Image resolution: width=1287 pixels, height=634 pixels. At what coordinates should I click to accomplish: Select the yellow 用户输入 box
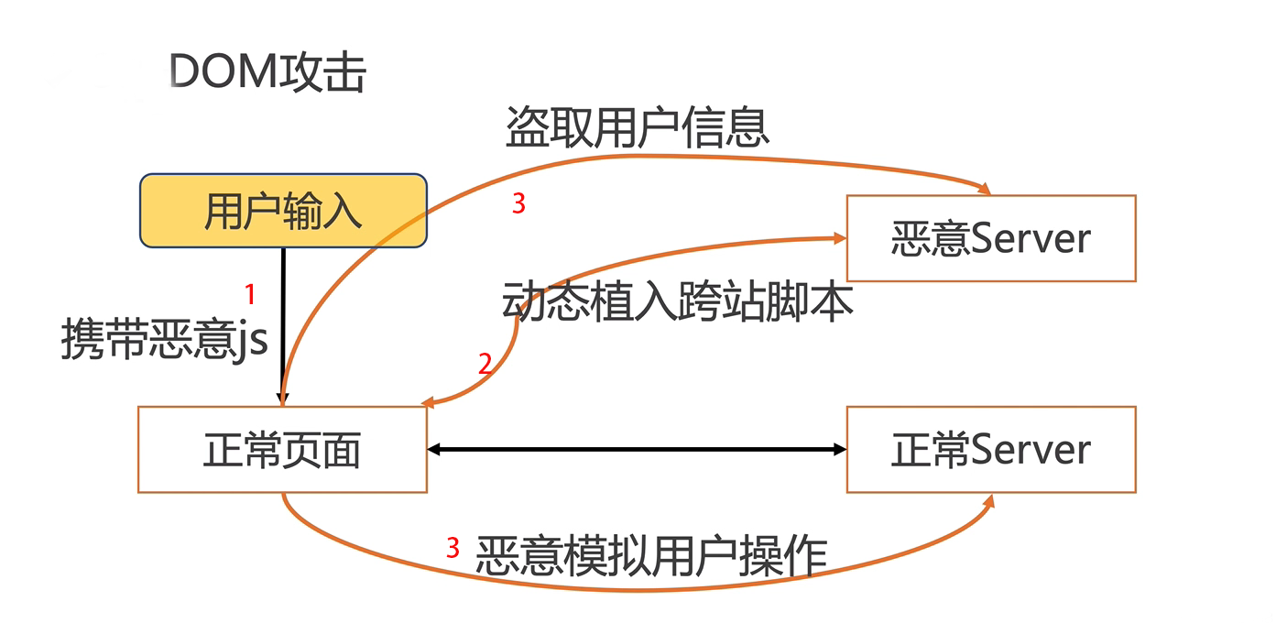(x=282, y=212)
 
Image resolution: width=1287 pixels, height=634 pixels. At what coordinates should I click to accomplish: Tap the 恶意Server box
(x=990, y=238)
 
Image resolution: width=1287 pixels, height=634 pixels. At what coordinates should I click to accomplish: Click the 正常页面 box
(x=282, y=450)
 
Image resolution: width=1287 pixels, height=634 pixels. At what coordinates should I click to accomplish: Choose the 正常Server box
(x=990, y=450)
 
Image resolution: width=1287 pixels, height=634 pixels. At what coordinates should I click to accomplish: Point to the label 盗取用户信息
(x=638, y=127)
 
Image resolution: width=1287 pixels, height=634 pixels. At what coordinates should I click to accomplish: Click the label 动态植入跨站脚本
(x=678, y=301)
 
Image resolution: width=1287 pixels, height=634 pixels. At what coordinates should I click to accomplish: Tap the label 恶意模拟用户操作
(x=651, y=555)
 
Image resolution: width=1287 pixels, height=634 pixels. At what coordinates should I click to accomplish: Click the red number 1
(x=250, y=295)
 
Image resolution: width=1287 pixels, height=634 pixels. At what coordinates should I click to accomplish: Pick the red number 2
(x=485, y=365)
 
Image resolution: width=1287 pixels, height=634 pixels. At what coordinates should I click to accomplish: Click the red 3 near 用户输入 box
(x=518, y=204)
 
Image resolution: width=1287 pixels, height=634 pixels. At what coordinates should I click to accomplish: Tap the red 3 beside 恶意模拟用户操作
(x=453, y=549)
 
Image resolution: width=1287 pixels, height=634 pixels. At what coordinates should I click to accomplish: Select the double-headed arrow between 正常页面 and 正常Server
(x=637, y=449)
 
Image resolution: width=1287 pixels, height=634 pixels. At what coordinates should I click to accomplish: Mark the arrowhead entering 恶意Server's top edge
(x=985, y=189)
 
